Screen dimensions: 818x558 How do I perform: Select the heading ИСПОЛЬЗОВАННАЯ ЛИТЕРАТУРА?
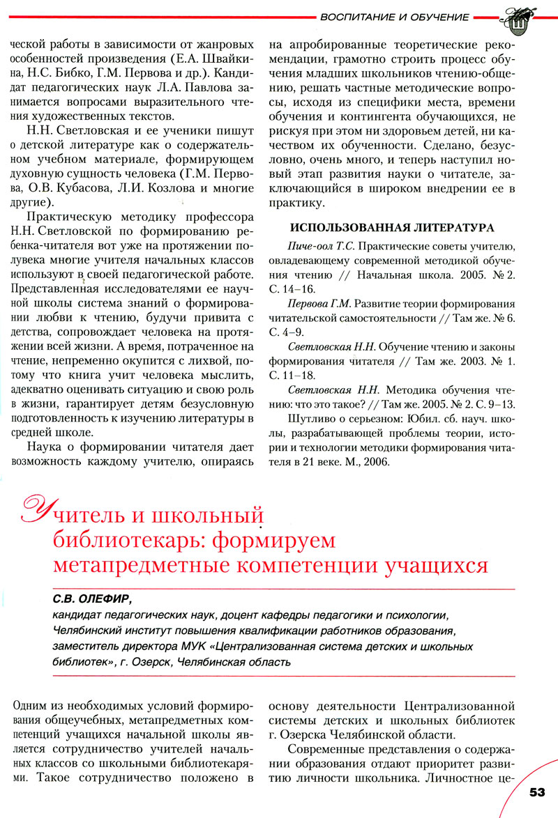pos(391,228)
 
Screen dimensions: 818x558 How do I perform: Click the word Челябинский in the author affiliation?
pos(90,631)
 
